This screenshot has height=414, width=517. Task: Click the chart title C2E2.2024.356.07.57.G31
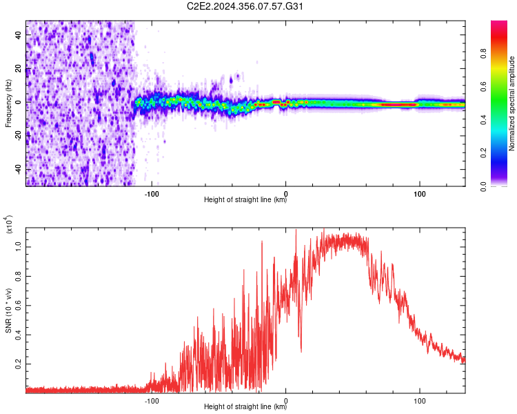point(245,6)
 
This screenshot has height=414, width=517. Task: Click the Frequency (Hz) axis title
point(8,103)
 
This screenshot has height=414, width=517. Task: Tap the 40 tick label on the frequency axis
point(19,35)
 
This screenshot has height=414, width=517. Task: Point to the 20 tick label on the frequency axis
point(19,69)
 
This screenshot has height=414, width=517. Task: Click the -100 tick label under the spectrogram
point(152,194)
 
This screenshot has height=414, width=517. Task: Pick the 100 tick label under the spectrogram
point(419,194)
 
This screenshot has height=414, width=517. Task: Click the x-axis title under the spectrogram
point(245,199)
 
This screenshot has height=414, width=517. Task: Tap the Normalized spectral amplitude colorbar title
point(511,103)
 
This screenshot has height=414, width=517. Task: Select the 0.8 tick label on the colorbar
point(483,53)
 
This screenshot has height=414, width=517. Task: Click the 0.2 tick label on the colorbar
point(483,153)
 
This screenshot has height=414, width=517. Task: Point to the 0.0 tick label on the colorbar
point(483,186)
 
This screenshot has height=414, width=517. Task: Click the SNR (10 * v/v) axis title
point(8,310)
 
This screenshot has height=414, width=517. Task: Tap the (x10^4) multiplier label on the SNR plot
point(8,224)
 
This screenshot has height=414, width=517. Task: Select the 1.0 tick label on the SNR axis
point(19,247)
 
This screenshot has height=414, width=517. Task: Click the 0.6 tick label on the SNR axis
point(19,306)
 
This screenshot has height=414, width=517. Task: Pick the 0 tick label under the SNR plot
point(285,401)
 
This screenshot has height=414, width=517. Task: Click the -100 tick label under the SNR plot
point(152,401)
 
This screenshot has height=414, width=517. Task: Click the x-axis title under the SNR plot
point(245,406)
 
